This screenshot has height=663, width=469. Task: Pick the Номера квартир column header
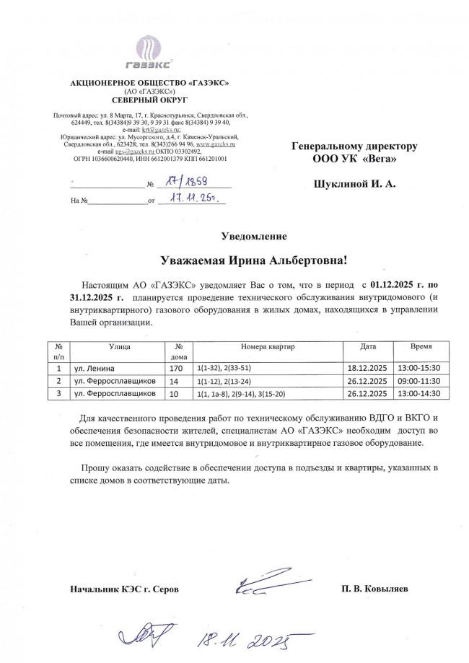[265, 347]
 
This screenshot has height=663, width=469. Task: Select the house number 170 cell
[176, 368]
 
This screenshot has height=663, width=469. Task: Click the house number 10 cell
[173, 394]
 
